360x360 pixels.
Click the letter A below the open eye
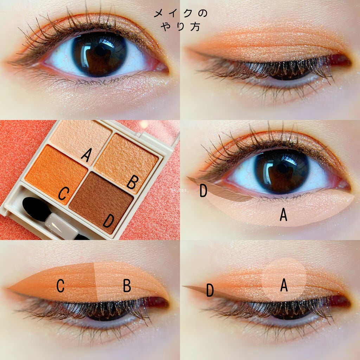(x=283, y=215)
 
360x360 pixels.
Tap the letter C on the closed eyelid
(x=60, y=287)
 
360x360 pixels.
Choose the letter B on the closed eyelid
(x=127, y=286)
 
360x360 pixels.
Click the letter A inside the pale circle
(x=284, y=286)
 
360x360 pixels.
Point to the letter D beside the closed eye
(x=210, y=290)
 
